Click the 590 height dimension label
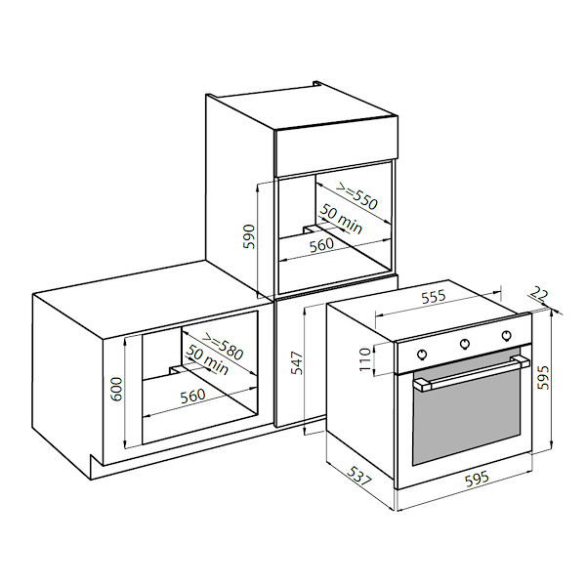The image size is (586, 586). (249, 234)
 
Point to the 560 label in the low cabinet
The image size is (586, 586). (192, 396)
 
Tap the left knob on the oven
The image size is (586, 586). (421, 352)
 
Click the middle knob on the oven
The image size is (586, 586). (465, 343)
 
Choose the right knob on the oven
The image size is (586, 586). (507, 335)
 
